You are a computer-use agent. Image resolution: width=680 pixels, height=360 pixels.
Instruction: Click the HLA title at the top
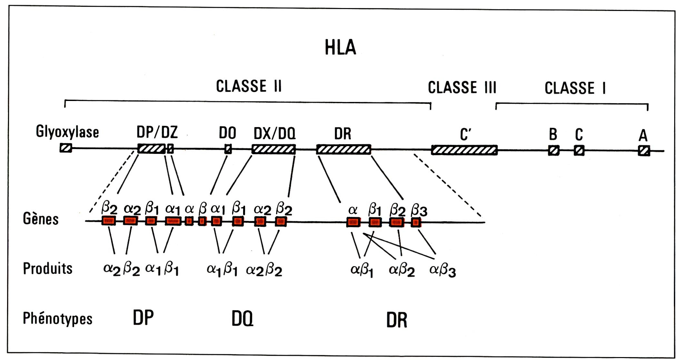coord(340,47)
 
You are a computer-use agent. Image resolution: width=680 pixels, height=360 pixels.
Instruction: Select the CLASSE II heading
coord(249,86)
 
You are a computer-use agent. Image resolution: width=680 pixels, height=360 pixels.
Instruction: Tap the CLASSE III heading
coord(462,87)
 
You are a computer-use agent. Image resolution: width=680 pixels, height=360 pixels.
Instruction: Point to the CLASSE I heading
coord(575,88)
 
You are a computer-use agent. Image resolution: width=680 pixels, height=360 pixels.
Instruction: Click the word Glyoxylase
coord(67,132)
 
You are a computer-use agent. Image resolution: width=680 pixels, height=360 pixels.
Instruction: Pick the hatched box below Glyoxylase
coord(66,148)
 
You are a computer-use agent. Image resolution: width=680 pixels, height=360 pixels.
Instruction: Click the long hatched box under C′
coord(464,150)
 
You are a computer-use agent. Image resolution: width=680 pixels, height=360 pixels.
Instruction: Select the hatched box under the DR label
coord(344,149)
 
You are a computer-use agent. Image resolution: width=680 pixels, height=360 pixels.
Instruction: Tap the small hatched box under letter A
coord(644,151)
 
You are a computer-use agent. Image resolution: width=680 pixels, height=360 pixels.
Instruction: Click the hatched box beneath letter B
coord(554,151)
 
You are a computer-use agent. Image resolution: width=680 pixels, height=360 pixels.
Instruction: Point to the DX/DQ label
coord(274,133)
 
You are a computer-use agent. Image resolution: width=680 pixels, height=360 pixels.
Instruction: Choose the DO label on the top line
coord(228,133)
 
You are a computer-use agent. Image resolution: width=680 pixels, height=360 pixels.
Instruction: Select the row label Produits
coord(48,268)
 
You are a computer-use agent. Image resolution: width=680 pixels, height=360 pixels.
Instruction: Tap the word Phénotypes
coord(57,318)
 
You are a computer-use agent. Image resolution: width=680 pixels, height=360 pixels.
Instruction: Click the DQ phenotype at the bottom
coord(242,319)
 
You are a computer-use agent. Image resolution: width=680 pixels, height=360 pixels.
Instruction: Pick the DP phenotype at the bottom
coord(143,317)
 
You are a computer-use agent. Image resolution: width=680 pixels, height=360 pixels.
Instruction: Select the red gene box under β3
coord(416,222)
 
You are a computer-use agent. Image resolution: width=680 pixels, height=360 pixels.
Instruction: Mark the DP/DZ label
coord(157,132)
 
